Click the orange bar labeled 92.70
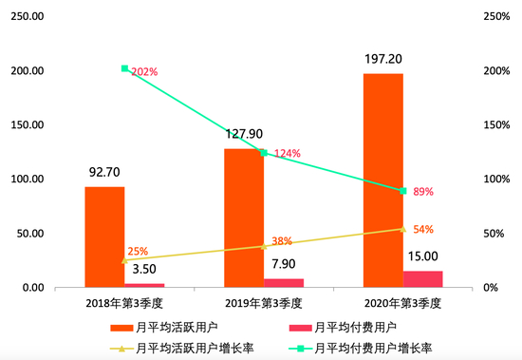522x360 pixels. pyautogui.click(x=104, y=237)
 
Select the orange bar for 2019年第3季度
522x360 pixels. pyautogui.click(x=244, y=218)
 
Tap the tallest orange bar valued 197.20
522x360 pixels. pyautogui.click(x=383, y=180)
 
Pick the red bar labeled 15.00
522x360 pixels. pyautogui.click(x=423, y=278)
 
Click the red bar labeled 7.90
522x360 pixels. pyautogui.click(x=284, y=282)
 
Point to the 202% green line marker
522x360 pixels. pyautogui.click(x=124, y=68)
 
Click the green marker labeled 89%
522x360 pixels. pyautogui.click(x=403, y=191)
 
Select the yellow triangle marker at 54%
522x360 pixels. pyautogui.click(x=403, y=229)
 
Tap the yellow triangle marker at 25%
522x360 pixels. pyautogui.click(x=124, y=260)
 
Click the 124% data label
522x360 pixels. pyautogui.click(x=287, y=154)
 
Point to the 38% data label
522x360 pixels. pyautogui.click(x=282, y=241)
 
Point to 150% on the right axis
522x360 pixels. pyautogui.click(x=496, y=125)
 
